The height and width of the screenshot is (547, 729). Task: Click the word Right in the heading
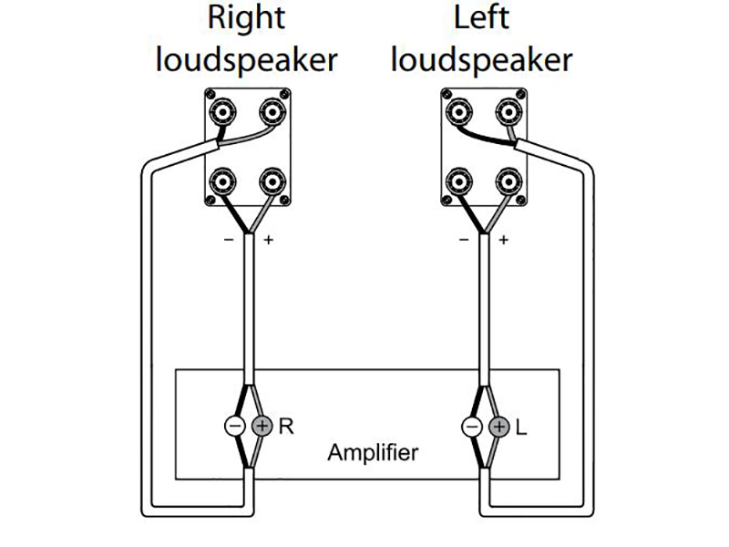coord(246,17)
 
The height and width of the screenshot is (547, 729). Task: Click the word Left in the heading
coord(483,17)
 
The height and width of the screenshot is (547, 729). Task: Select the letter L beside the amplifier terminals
coord(521,426)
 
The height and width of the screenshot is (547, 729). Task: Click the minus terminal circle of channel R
coord(234,426)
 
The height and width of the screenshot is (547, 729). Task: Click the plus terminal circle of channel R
coord(262,426)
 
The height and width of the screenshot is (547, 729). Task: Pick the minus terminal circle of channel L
coord(471,426)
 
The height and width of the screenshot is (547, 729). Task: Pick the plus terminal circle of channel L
coord(498,426)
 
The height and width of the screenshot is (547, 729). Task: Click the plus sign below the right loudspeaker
coord(268,241)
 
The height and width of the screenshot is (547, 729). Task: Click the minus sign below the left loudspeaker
coord(464,241)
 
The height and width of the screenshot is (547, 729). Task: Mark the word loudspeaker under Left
coord(483,59)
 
